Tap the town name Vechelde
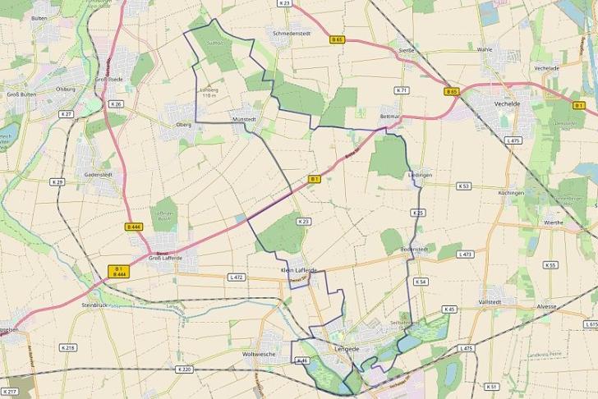click(509, 104)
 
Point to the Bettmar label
click(389, 117)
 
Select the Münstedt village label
click(244, 119)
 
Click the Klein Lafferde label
click(298, 269)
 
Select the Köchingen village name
click(511, 192)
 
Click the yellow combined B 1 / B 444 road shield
click(118, 271)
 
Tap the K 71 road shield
click(402, 89)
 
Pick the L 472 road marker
click(237, 277)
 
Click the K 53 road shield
click(464, 186)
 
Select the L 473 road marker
click(466, 255)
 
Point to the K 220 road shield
click(184, 369)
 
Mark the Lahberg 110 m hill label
click(209, 93)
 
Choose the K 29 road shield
click(57, 181)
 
